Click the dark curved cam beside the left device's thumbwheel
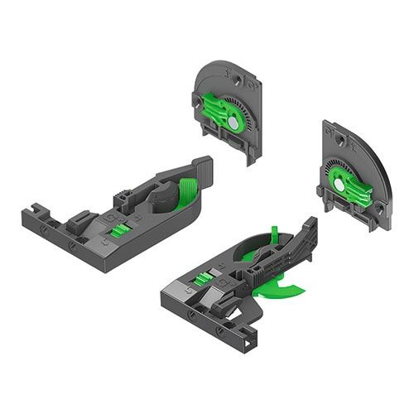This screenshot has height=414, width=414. click(x=163, y=196)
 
